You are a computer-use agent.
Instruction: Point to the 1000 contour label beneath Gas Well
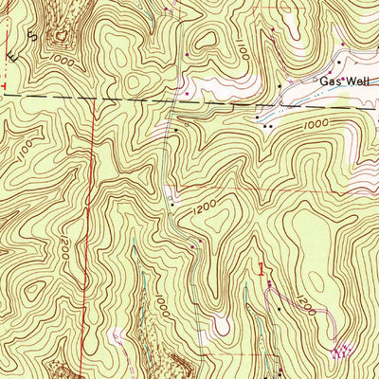click(314, 124)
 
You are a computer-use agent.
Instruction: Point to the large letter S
click(32, 36)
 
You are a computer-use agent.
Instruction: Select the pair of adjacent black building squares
click(270, 124)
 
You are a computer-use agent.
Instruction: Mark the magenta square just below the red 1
click(266, 282)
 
